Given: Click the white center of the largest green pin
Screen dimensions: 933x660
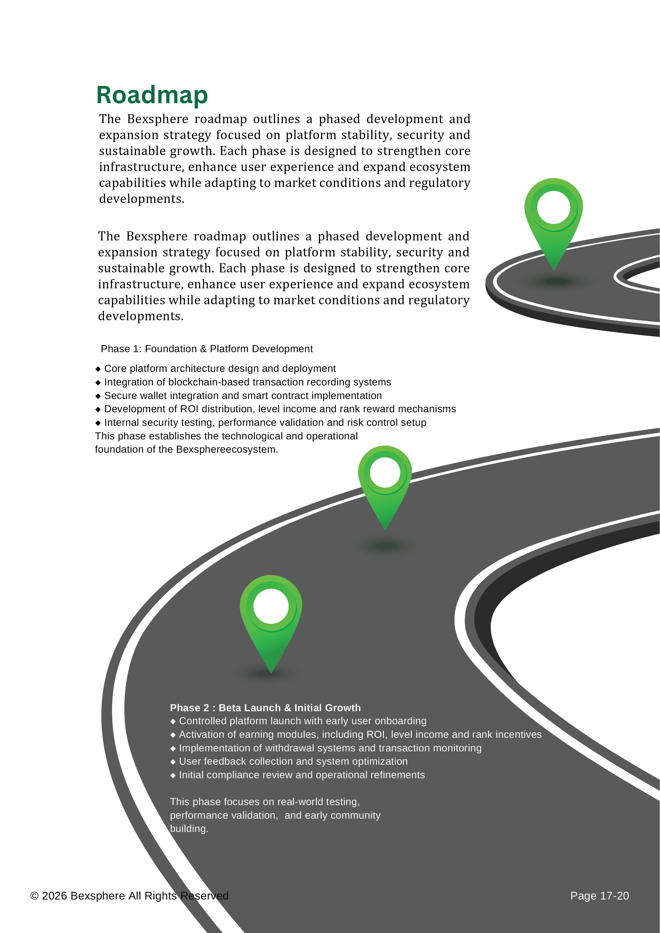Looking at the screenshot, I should (271, 606).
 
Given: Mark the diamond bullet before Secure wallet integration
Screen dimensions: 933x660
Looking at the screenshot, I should (98, 396).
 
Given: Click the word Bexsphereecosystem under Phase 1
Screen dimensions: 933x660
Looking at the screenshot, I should (227, 449).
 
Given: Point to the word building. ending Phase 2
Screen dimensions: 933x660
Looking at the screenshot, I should (189, 828).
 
